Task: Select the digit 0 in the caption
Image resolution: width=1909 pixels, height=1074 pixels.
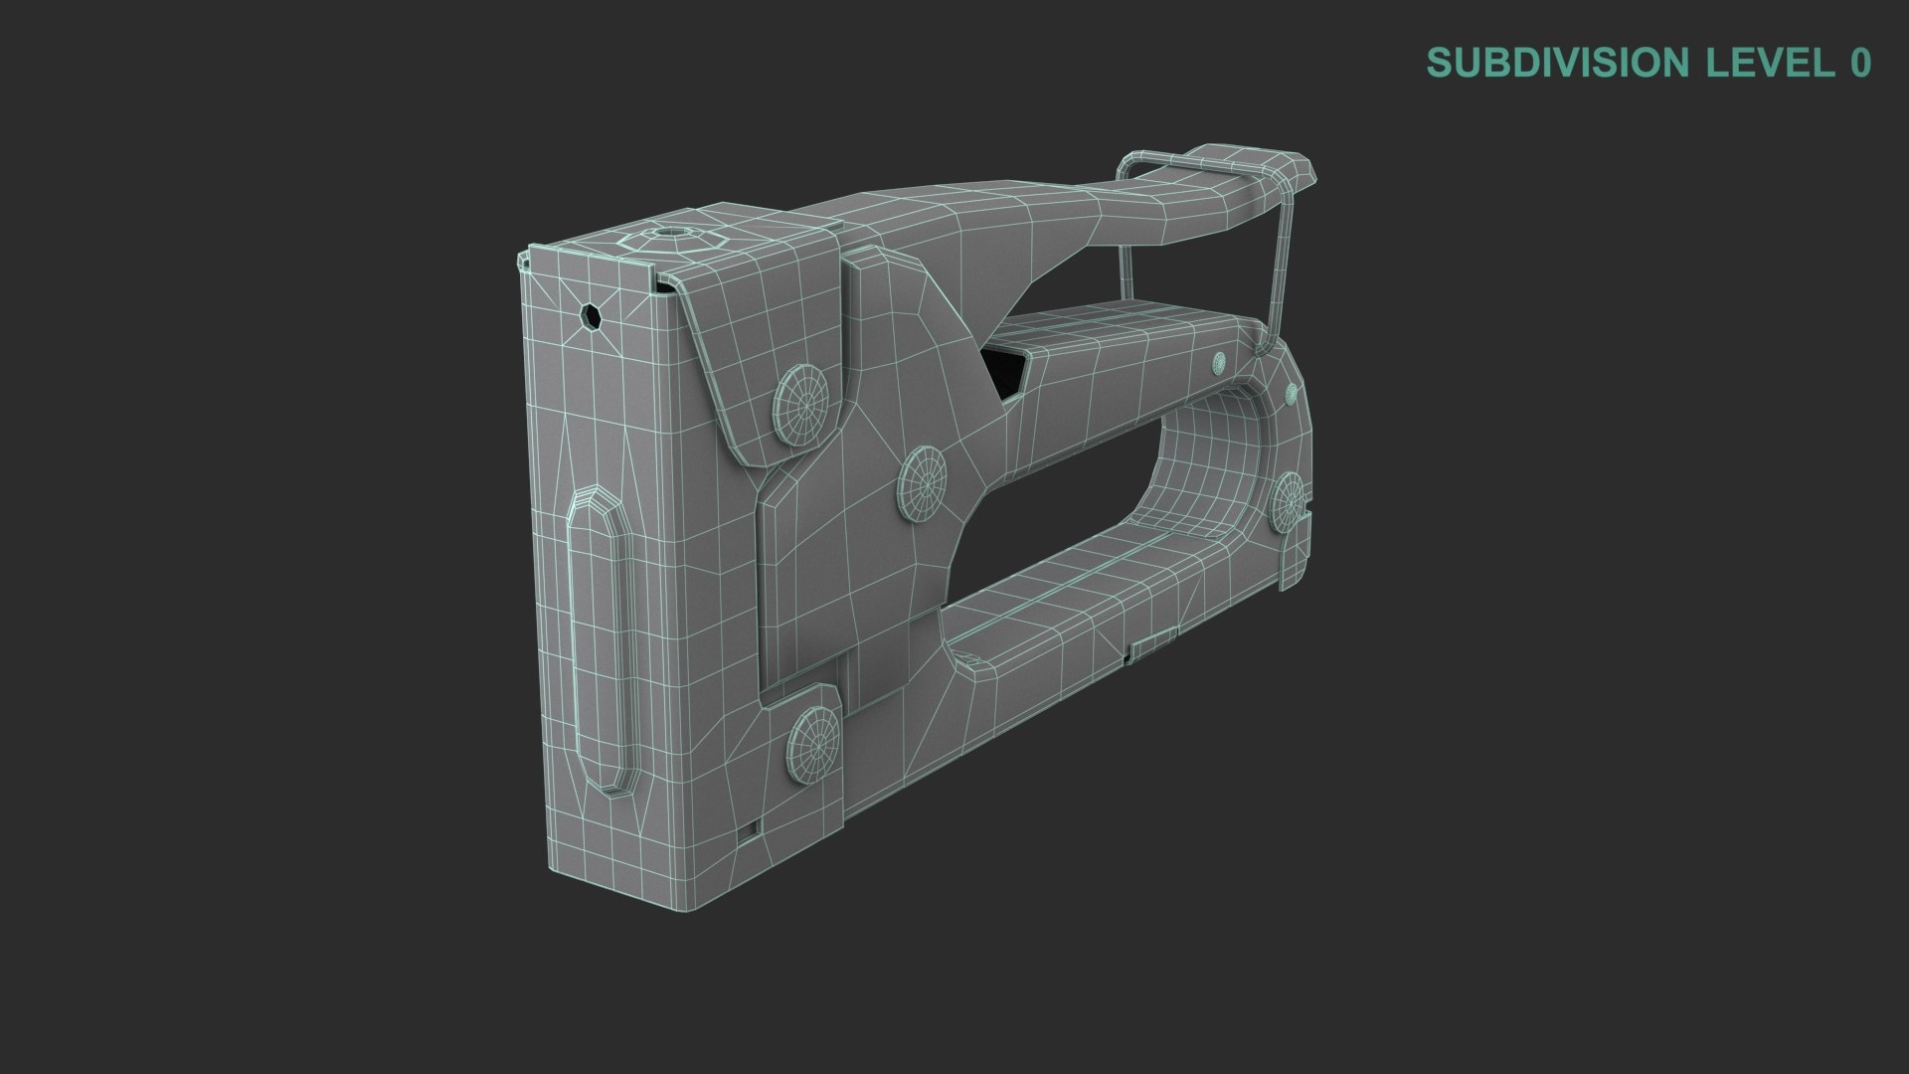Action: (1860, 63)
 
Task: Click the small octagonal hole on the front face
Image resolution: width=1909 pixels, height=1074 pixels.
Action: (591, 317)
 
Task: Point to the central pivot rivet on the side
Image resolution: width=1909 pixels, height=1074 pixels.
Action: (922, 482)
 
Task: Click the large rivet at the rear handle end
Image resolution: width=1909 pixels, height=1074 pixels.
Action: (1290, 500)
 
